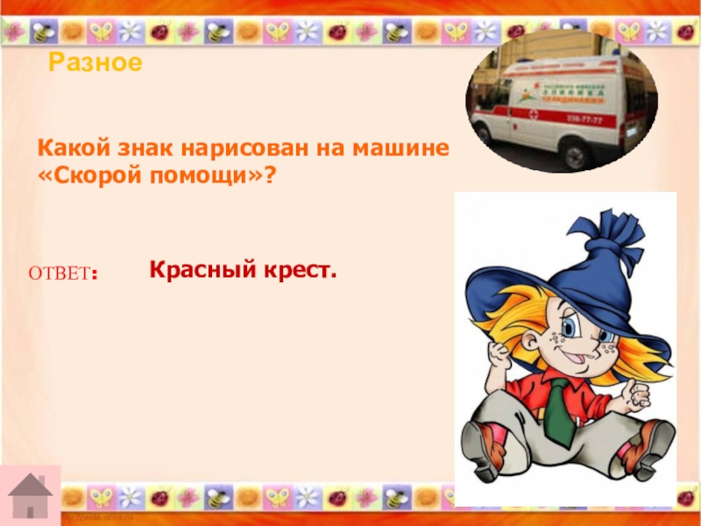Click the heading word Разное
click(95, 63)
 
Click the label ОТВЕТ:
click(63, 274)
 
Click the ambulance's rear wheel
click(576, 155)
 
